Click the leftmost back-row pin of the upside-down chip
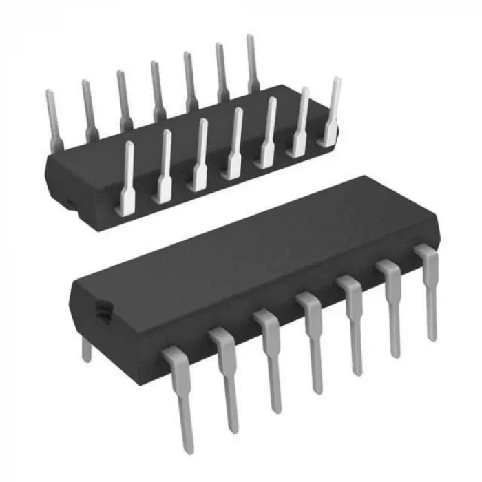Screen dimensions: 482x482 52,117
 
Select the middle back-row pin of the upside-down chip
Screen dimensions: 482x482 156,90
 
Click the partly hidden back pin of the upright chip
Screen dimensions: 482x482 86,349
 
